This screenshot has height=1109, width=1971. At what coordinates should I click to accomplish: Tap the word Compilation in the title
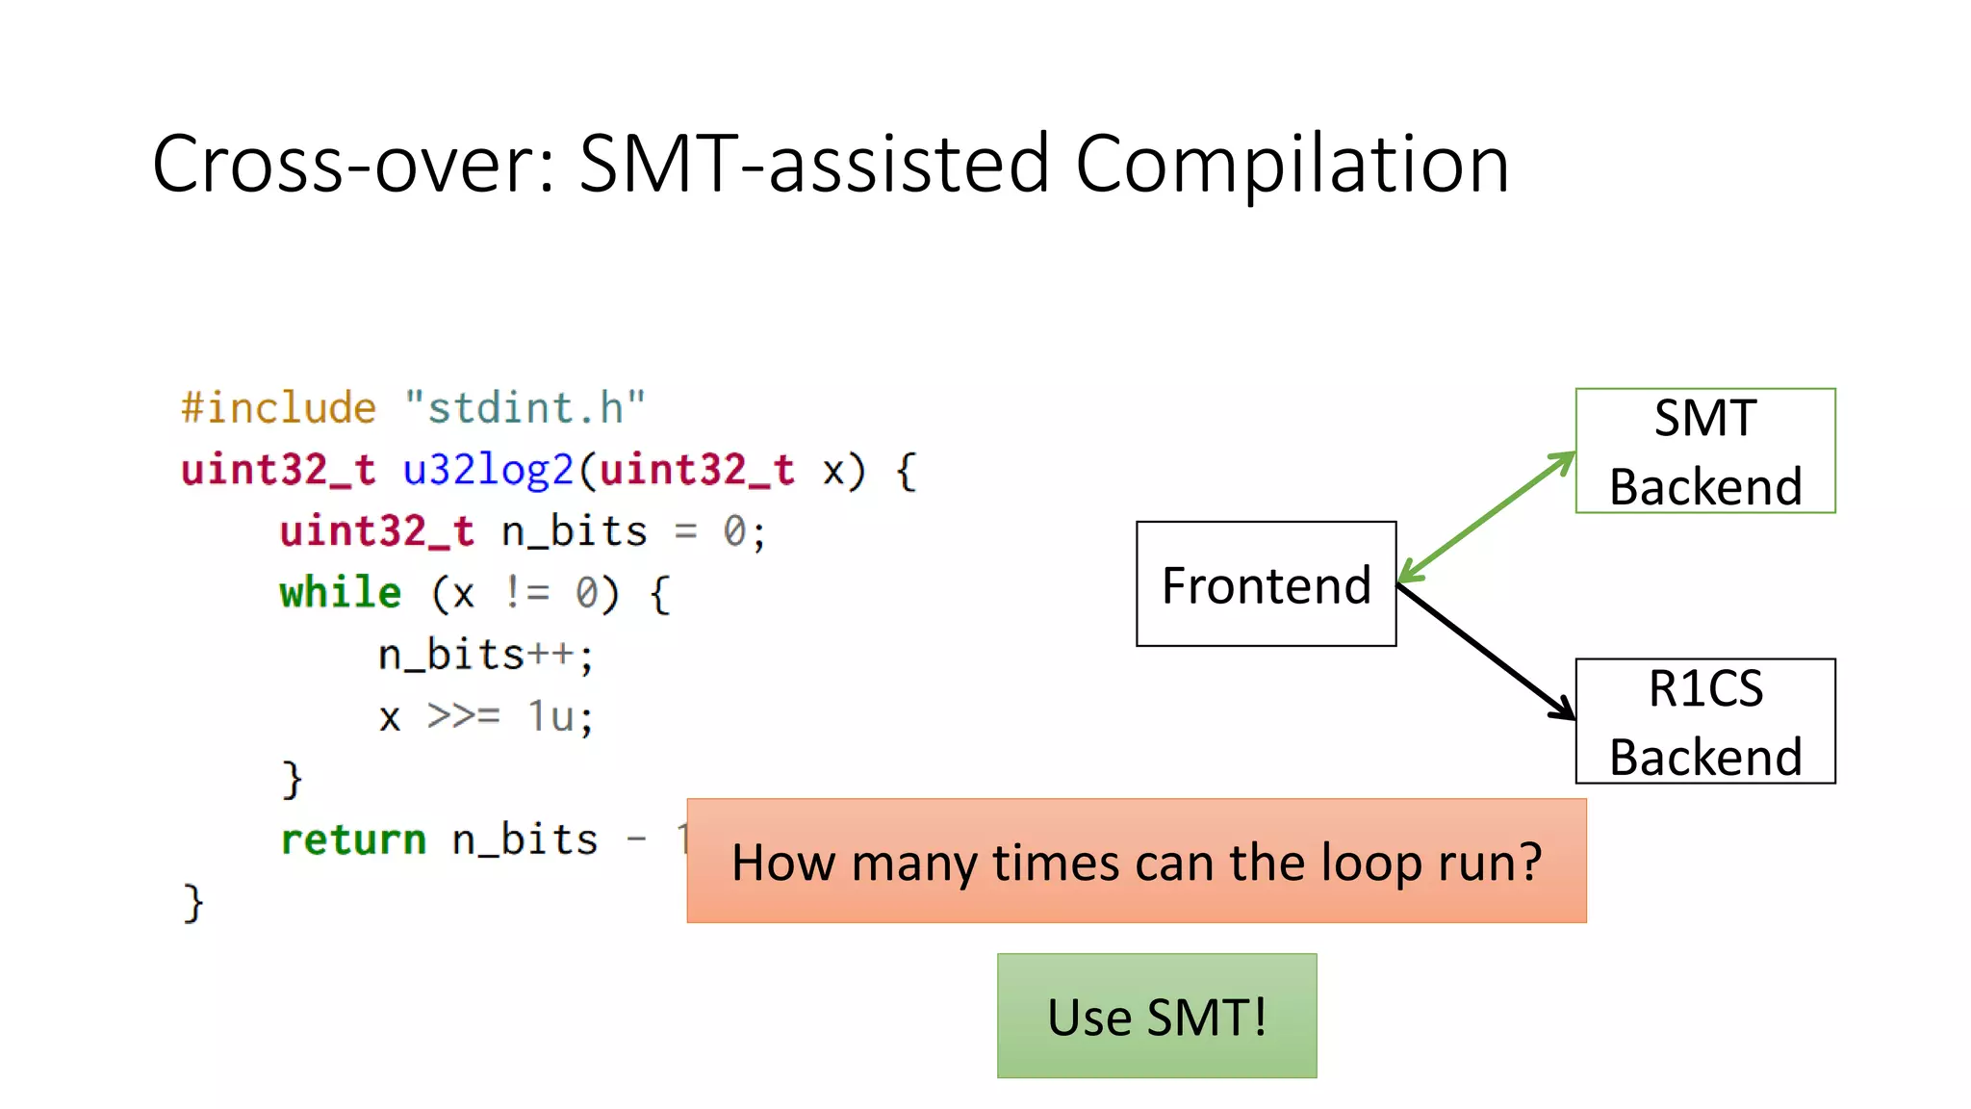(x=1291, y=165)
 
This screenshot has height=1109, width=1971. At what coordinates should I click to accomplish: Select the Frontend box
(x=1266, y=584)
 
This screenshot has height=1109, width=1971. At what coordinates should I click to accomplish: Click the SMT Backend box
(x=1704, y=451)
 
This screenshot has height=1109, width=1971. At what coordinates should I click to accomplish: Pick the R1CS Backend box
(x=1704, y=721)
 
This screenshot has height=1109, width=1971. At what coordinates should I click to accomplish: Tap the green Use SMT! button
(x=1156, y=1016)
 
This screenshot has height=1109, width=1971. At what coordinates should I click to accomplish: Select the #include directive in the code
(x=278, y=408)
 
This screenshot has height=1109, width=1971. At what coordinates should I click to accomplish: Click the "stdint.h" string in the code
(x=525, y=408)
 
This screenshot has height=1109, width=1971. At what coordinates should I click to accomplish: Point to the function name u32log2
(x=488, y=470)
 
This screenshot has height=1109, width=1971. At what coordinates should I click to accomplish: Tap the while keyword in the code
(x=340, y=592)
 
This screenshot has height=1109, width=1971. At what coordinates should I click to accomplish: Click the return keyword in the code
(x=352, y=839)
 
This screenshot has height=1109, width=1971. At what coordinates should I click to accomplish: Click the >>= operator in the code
(x=463, y=716)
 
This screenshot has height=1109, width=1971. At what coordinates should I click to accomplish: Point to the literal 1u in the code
(x=551, y=716)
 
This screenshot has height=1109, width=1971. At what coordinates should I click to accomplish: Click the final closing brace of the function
(x=193, y=903)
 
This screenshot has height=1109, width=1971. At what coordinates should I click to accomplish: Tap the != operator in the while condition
(x=527, y=593)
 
